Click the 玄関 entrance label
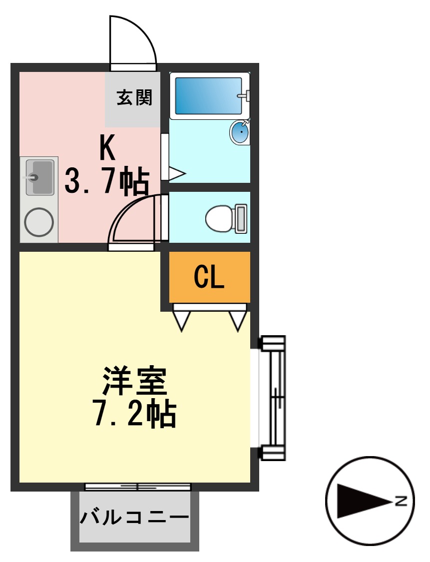pyautogui.click(x=134, y=98)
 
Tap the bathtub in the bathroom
pyautogui.click(x=208, y=95)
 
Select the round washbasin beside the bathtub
pyautogui.click(x=240, y=132)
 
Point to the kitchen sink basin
pyautogui.click(x=39, y=177)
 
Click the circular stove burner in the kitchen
pyautogui.click(x=39, y=222)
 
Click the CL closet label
pyautogui.click(x=209, y=277)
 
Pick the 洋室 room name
pyautogui.click(x=134, y=381)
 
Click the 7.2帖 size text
pyautogui.click(x=134, y=413)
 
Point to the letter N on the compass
pyautogui.click(x=401, y=501)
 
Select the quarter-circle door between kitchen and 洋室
pyautogui.click(x=131, y=220)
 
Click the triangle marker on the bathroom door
pyautogui.click(x=176, y=173)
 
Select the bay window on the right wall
pyautogui.click(x=272, y=398)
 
